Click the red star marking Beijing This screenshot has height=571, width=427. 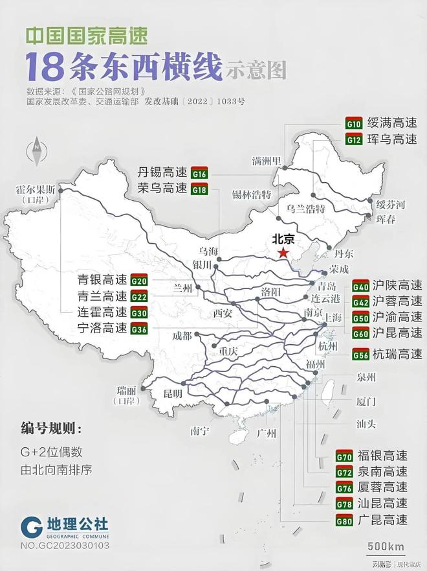pos(283,253)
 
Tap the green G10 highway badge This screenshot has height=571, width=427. pos(354,123)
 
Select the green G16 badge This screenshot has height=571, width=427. pos(199,174)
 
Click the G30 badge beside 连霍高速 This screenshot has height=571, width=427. pos(139,312)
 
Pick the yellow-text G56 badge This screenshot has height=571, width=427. pos(360,354)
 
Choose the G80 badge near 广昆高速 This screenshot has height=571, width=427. pos(345,520)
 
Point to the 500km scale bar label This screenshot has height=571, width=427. pos(386,546)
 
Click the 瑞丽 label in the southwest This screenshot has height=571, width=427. pos(127,390)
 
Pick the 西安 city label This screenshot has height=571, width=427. pos(223,313)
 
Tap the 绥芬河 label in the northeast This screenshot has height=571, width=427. pos(391,205)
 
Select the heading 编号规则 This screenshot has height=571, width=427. pos(51,429)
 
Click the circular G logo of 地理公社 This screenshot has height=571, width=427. pos(31,527)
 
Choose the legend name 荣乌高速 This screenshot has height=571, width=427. pos(163,189)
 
